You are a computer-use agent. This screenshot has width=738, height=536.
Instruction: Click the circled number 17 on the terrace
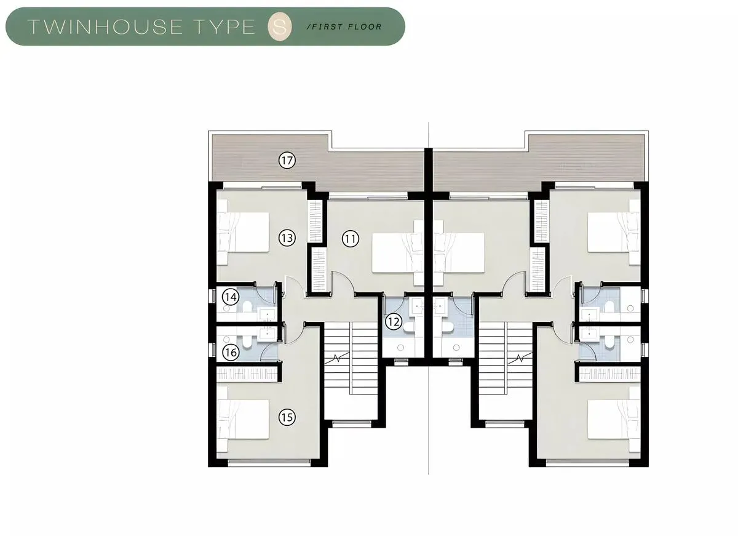coord(287,161)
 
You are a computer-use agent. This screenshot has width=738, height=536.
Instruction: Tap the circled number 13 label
coord(287,238)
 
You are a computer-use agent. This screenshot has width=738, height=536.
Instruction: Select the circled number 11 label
coord(350,239)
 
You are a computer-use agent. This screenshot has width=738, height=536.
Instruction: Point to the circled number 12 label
coord(394,321)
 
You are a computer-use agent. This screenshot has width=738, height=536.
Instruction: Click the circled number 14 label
coord(231,297)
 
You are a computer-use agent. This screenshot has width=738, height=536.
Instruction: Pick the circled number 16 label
coord(231,353)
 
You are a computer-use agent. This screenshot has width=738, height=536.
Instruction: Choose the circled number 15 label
coord(287,417)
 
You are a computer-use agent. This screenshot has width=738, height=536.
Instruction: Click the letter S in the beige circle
coord(279,26)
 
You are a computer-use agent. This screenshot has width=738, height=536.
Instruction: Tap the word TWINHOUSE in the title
coord(105,26)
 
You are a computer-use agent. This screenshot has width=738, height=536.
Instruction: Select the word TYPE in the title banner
coord(225,26)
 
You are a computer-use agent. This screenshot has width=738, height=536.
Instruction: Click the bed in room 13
coord(243,232)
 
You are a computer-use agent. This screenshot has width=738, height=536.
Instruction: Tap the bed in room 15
coord(243,419)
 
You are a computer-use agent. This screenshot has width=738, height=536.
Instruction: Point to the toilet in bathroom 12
coord(410,327)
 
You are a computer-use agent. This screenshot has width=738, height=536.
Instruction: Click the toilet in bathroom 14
coord(247,308)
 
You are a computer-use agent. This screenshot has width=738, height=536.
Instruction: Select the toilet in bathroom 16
coord(247,341)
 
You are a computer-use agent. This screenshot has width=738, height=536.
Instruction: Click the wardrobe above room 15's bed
coord(247,375)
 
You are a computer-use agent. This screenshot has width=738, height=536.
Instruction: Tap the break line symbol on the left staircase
coord(337,358)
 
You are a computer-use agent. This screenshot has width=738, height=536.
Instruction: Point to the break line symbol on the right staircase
coord(520,358)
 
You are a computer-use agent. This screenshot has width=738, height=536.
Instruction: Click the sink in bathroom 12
coord(416,306)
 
